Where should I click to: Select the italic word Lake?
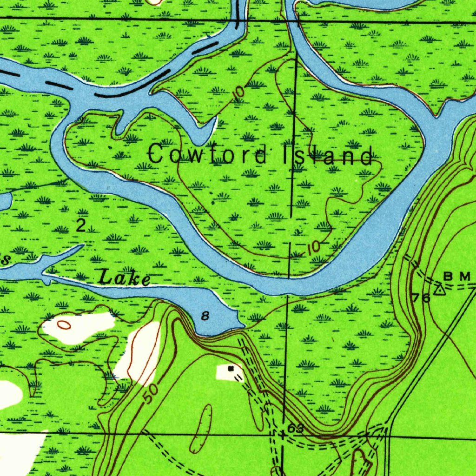125,279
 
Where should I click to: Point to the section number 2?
81,226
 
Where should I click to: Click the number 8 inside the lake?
205,316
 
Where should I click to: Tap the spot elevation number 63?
295,428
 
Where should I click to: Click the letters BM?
457,277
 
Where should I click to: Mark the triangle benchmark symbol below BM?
439,291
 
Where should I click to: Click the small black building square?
231,369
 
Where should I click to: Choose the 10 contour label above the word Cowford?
238,92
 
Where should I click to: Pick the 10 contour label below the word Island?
314,247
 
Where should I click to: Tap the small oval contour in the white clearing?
64,324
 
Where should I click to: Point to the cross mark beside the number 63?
283,434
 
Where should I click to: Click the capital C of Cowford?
157,154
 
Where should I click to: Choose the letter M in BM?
465,277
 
